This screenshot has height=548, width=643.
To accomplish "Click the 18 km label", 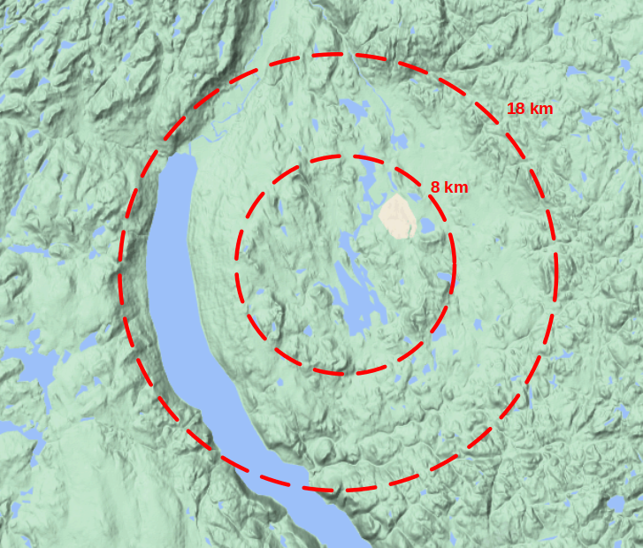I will coord(530,109).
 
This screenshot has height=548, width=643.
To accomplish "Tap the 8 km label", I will coord(448,187).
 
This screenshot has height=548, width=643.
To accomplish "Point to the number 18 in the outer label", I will coord(516,109).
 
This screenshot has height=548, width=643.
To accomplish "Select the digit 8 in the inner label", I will coord(435,187).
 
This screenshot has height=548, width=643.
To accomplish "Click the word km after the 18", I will coord(541,109).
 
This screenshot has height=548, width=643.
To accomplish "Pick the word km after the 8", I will coord(456,187).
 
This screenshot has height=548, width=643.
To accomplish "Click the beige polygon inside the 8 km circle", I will coord(397,217).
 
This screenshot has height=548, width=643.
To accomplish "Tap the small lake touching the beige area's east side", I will coord(426,226).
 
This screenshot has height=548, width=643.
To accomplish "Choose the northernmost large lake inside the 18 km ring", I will coord(356,110).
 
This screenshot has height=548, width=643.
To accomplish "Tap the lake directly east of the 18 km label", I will coord(591,117).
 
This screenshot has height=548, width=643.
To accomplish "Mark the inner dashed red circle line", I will coord(236,265).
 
